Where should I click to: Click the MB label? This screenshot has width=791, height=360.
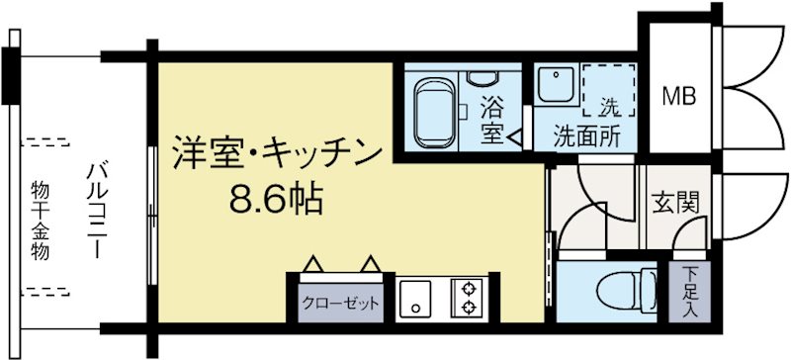point(678,97)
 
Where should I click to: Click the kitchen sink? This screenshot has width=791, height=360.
point(416,298)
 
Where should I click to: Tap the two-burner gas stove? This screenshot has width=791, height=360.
point(465,298)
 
